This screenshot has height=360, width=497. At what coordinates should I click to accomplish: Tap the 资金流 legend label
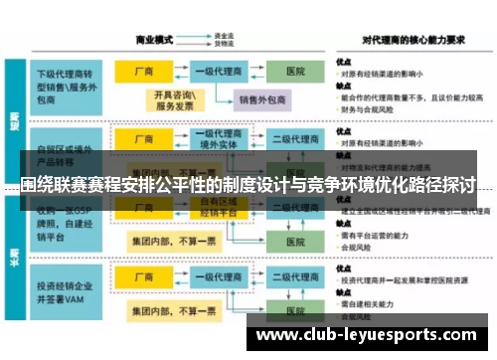223,35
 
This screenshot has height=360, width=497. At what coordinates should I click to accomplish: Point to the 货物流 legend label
223,44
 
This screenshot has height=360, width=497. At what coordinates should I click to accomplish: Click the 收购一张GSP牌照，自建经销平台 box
68,223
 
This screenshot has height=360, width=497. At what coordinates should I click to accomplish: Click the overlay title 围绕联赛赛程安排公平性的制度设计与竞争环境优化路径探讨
248,185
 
